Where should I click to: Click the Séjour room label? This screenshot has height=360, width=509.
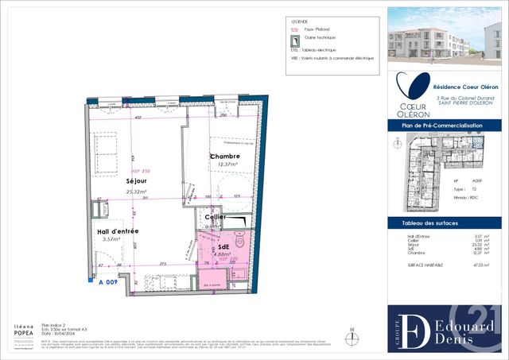point(119,180)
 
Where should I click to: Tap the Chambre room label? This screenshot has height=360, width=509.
point(224,156)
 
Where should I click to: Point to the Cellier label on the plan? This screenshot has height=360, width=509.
point(215,217)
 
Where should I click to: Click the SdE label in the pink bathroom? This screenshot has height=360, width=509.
point(224,247)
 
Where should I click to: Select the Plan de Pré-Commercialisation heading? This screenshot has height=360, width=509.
point(445,126)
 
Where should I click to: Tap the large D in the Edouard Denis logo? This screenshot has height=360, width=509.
point(412,327)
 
